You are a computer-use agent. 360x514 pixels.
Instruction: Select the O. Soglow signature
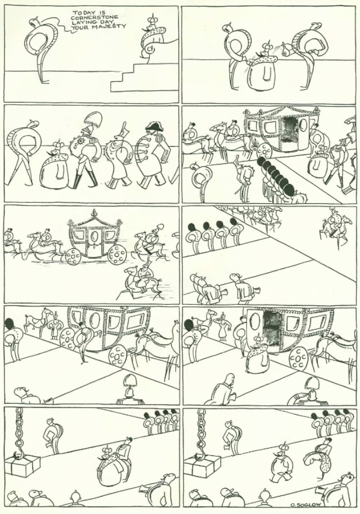(x=305, y=505)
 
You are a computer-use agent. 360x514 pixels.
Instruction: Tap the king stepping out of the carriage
(x=258, y=354)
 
